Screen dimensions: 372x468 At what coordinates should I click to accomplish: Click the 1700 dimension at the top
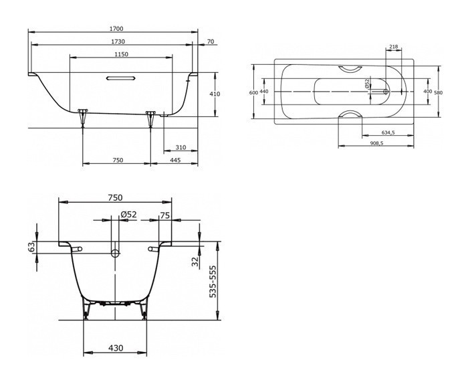[116, 29]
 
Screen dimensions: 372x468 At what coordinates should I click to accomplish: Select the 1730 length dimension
[116, 41]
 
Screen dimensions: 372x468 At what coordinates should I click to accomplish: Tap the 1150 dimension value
[121, 54]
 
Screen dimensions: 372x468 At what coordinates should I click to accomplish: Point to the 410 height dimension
[215, 94]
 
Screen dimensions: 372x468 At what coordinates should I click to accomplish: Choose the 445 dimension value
[175, 160]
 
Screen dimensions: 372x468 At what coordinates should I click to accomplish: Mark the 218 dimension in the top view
[393, 47]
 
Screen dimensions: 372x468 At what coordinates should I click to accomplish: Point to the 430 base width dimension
[116, 349]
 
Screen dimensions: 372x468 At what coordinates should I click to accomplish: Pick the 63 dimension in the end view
[31, 248]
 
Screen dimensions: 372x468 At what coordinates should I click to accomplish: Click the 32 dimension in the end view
[195, 262]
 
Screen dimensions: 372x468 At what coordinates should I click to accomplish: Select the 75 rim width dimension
[164, 215]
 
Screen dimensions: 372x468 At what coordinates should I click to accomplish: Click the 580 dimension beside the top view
[437, 92]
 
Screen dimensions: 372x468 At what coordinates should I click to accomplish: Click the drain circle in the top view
[384, 92]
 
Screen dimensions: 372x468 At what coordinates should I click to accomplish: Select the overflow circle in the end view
[115, 253]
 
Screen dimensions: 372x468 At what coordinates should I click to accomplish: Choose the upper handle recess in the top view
[350, 68]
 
